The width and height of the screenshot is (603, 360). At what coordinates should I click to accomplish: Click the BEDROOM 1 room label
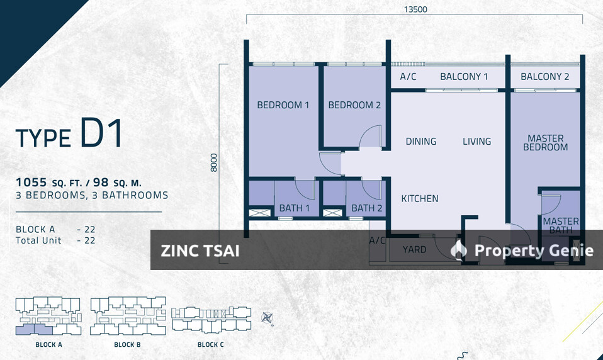283,105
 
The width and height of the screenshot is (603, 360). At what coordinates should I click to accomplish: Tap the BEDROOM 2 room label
354,105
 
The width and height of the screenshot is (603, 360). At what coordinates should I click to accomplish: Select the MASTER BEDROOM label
545,143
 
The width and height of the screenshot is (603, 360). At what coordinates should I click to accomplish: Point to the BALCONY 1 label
464,77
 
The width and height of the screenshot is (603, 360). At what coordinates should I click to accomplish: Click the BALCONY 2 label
545,77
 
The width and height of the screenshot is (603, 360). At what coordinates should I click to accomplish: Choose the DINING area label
421,142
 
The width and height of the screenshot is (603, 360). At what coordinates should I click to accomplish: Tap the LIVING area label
476,142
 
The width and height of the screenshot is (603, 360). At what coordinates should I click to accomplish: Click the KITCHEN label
420,198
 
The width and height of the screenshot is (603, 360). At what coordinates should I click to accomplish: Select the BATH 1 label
295,208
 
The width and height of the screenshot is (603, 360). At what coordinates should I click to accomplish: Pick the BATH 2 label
367,208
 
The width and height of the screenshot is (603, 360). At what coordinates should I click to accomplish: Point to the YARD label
414,250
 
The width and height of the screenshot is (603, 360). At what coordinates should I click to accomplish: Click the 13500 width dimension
414,9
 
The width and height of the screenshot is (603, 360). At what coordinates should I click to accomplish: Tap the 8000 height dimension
214,164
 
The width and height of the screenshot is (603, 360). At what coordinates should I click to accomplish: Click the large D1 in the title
101,134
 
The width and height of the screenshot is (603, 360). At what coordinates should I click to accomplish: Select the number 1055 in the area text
31,183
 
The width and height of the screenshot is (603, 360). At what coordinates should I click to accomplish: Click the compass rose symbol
268,318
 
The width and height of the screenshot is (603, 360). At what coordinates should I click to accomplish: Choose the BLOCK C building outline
211,320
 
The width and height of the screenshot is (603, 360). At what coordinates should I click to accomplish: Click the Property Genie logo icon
459,250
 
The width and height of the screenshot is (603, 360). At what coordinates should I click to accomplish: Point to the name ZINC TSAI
200,250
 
